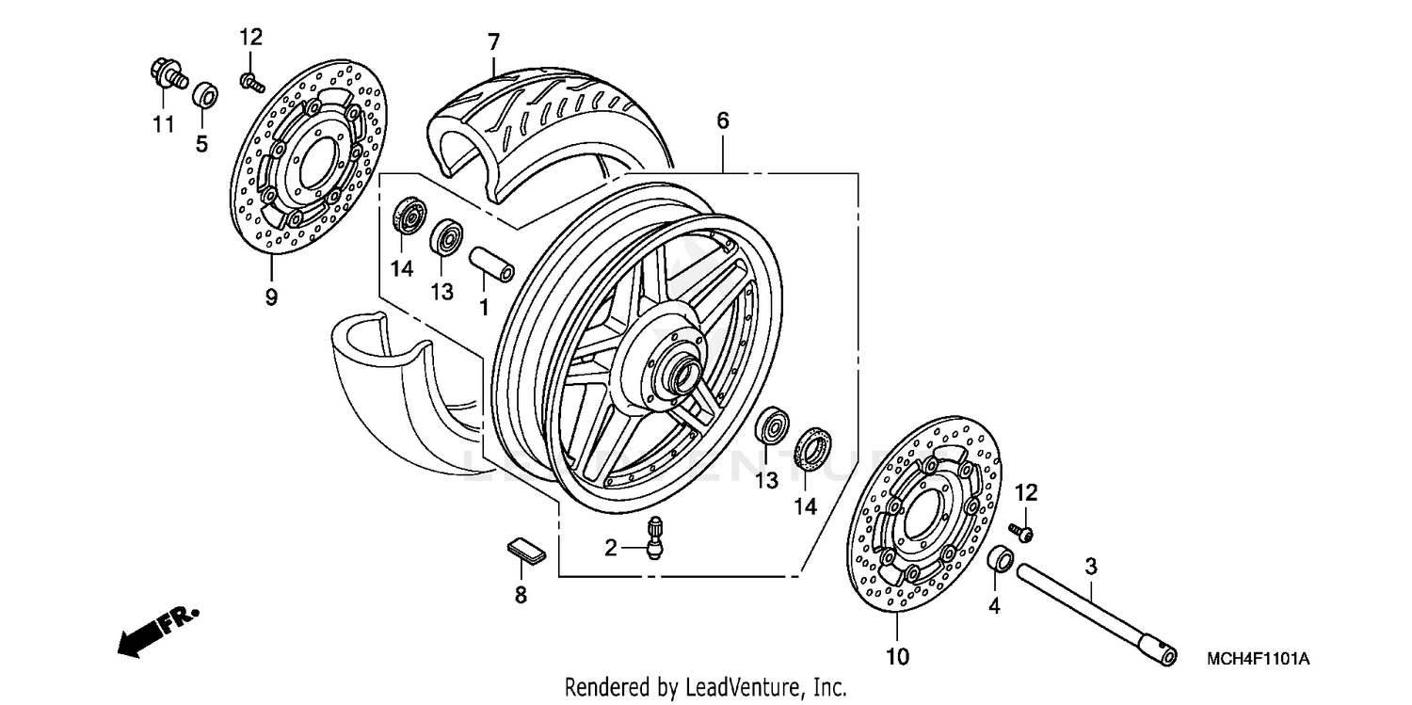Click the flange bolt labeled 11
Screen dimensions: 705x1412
[166, 74]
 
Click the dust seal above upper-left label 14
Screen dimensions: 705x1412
[409, 218]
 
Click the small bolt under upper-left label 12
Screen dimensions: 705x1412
[251, 84]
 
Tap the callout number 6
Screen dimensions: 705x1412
[722, 120]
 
